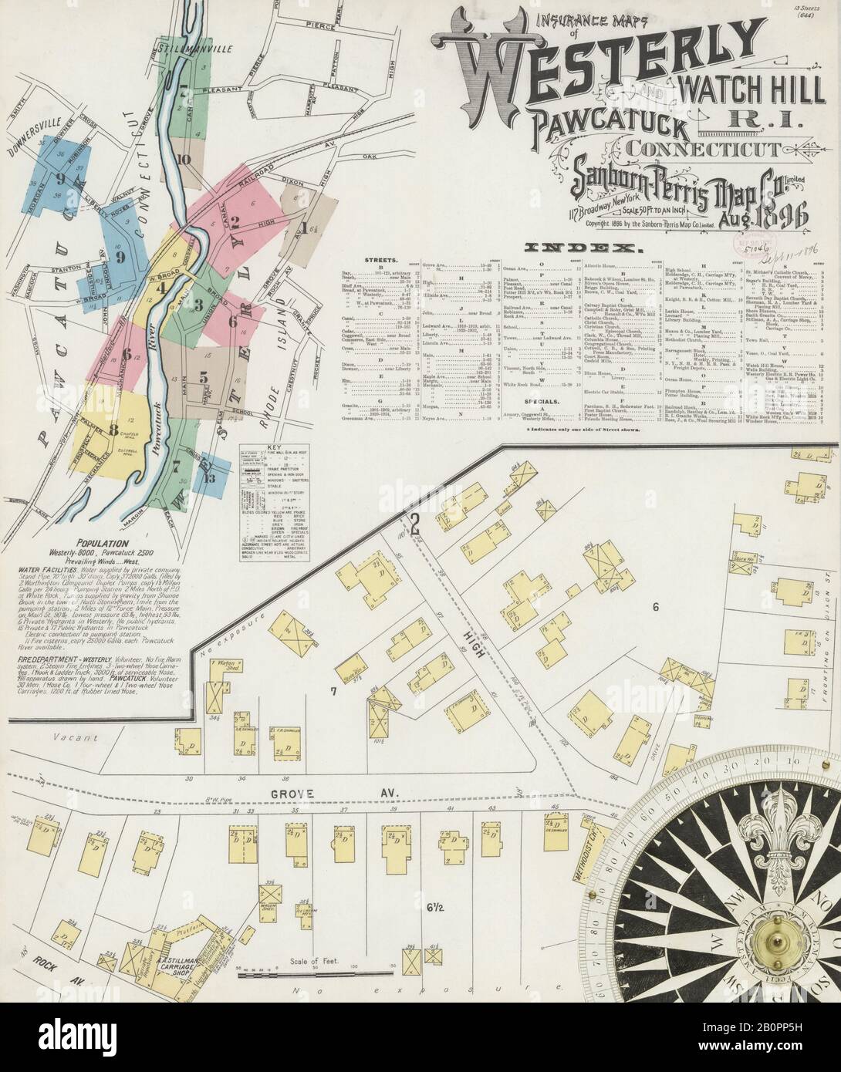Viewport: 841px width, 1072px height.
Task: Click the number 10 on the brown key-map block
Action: click(x=183, y=160)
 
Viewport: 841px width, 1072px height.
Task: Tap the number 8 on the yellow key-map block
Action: click(x=113, y=430)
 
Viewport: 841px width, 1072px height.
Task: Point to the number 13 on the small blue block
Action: click(x=209, y=476)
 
